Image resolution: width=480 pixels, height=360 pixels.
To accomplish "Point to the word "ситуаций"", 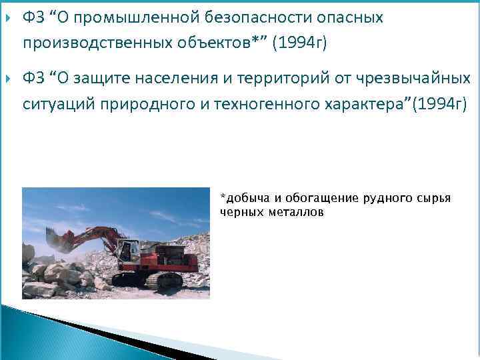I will pos(54,104).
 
